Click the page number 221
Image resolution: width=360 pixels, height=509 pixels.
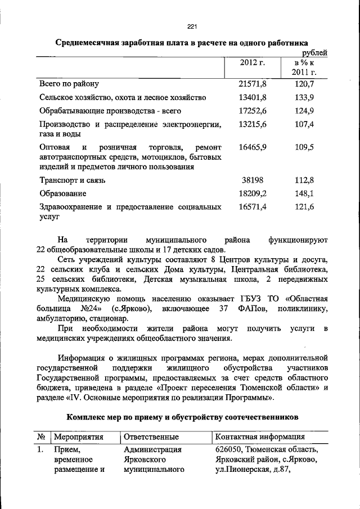[x=191, y=26]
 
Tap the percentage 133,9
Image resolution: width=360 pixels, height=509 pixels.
[x=304, y=98]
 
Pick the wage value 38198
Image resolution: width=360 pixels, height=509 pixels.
[x=253, y=181]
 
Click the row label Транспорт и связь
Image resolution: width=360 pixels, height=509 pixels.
[x=72, y=181]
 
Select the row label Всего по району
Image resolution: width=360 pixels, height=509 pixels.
[x=69, y=84]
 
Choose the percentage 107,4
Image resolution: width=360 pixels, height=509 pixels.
[x=304, y=124]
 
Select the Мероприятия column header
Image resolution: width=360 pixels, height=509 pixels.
[x=78, y=436]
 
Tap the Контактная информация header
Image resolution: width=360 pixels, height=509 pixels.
[x=260, y=436]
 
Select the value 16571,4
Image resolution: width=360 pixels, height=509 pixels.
[x=253, y=207]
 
